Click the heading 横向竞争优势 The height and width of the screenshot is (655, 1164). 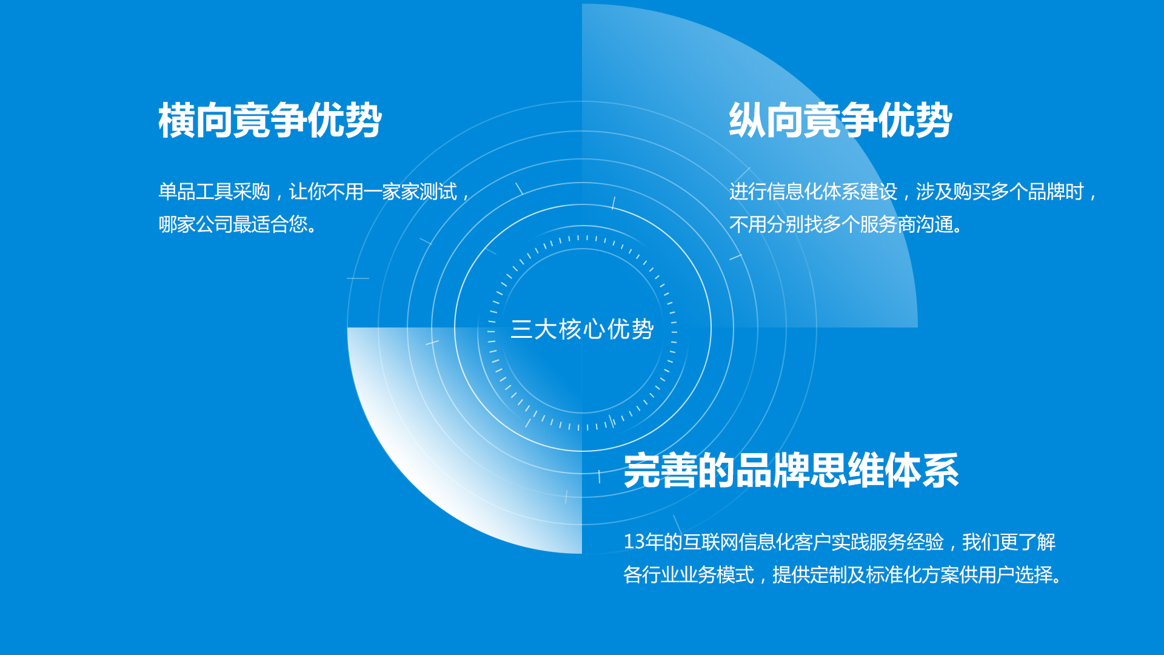click(x=270, y=120)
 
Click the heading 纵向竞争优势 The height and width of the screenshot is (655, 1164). click(x=840, y=120)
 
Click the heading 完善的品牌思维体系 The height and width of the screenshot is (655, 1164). click(x=791, y=471)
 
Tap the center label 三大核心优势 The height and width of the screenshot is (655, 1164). click(x=582, y=329)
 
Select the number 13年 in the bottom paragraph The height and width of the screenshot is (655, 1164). click(x=643, y=542)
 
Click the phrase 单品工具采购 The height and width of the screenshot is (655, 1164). click(x=214, y=192)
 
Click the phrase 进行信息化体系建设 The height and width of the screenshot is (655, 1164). click(x=813, y=192)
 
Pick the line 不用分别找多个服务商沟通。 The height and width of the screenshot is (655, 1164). click(x=846, y=224)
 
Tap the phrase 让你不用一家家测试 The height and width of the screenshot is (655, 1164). click(x=373, y=192)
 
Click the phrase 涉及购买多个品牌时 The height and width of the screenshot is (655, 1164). click(x=1000, y=192)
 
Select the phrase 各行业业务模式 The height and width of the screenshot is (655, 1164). click(x=689, y=574)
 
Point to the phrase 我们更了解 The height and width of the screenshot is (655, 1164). click(x=1009, y=542)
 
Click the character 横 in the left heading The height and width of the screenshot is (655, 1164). click(x=176, y=120)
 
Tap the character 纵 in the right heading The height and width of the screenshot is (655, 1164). click(x=747, y=120)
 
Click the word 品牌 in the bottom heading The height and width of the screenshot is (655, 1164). click(x=772, y=471)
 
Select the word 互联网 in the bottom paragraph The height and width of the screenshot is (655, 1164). click(x=711, y=542)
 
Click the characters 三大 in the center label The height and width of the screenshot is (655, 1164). click(x=534, y=329)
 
